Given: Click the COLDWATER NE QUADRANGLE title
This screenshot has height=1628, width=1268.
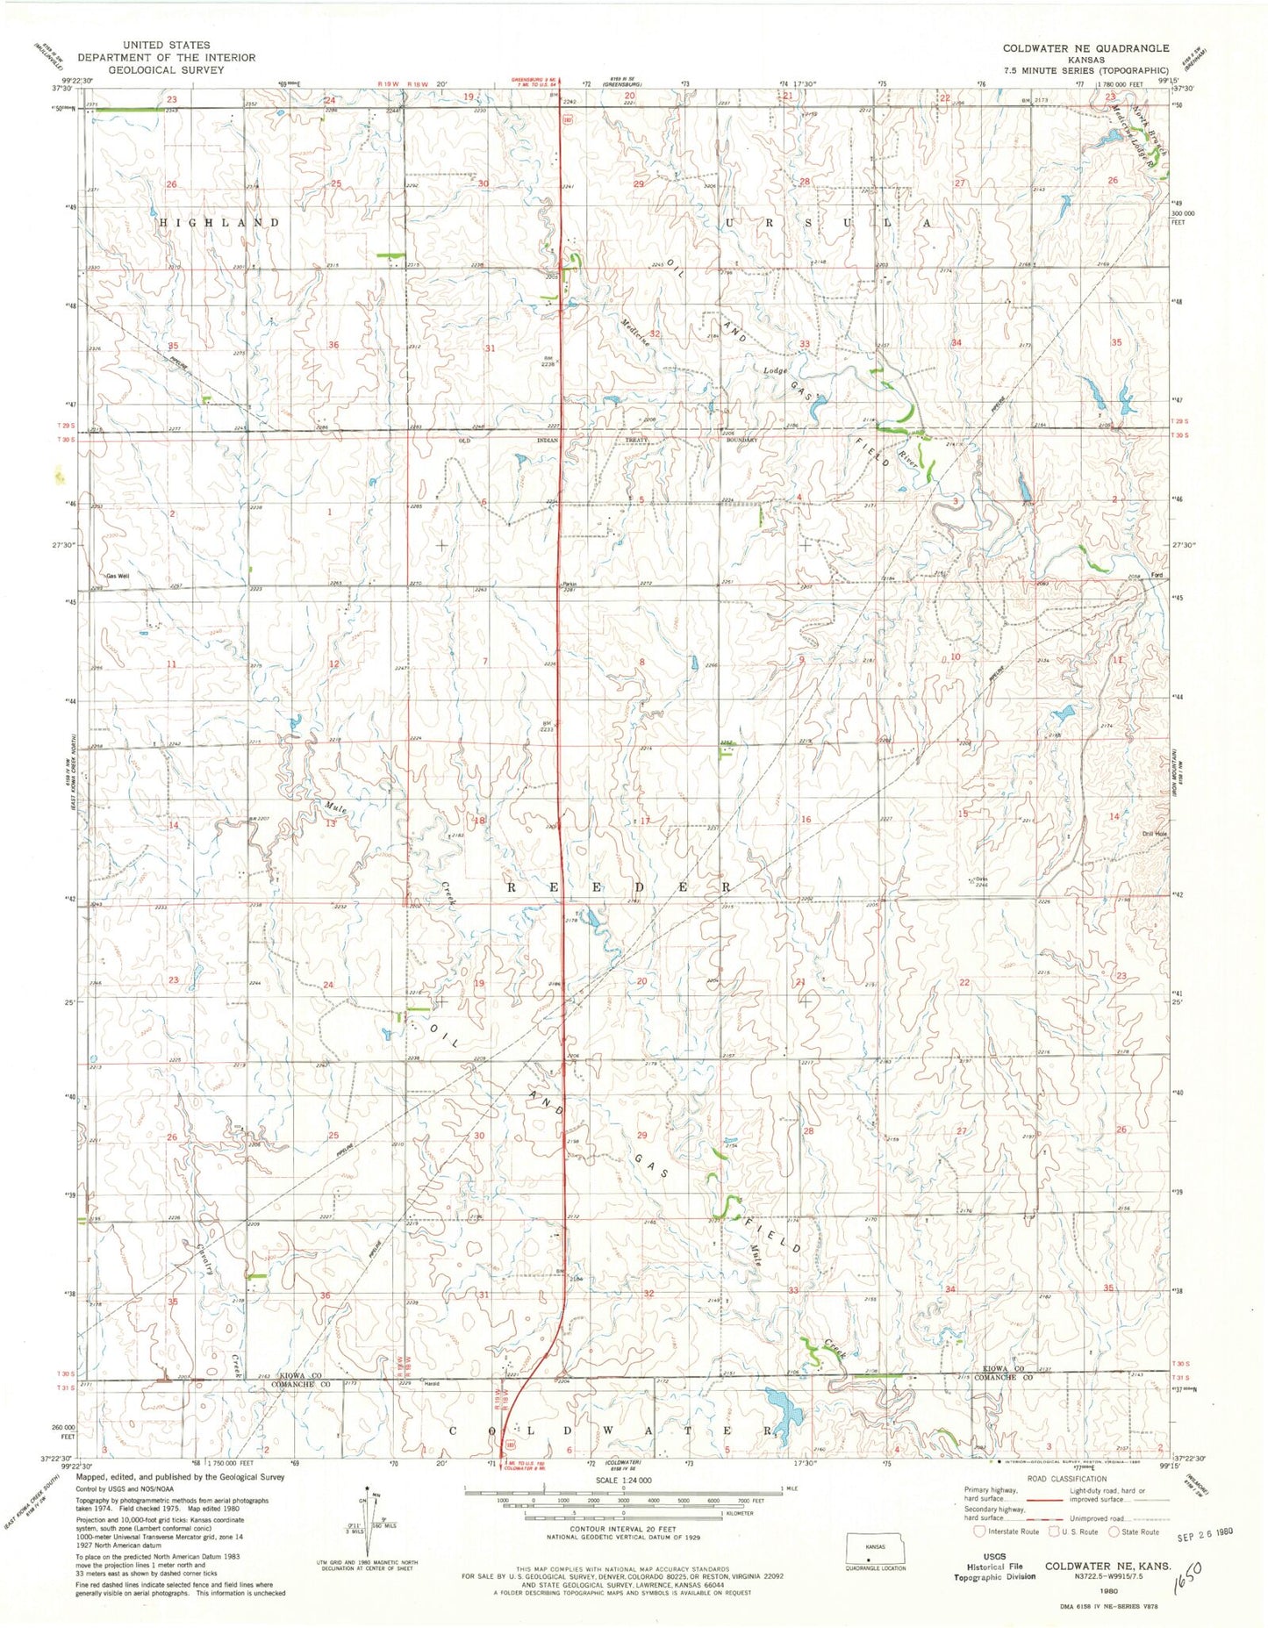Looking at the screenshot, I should click(1085, 48).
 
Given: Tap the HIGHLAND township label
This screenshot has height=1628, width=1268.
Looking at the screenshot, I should click(218, 223).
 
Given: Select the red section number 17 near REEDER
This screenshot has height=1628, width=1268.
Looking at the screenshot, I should click(645, 821).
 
